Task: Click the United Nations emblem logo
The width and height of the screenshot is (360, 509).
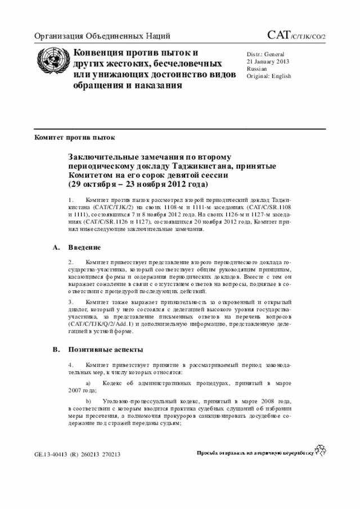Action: click(x=52, y=64)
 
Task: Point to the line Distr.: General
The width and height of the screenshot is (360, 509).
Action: click(x=267, y=53)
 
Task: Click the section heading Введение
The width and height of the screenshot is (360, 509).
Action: click(x=84, y=247)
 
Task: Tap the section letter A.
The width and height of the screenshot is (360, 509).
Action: click(x=55, y=247)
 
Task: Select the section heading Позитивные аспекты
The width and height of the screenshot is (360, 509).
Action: click(x=105, y=349)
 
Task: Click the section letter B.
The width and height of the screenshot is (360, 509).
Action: click(x=55, y=349)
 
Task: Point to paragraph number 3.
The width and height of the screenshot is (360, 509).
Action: click(x=71, y=302)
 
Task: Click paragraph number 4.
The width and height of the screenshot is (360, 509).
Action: click(x=71, y=365)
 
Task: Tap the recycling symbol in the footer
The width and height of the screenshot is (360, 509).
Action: click(x=321, y=450)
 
